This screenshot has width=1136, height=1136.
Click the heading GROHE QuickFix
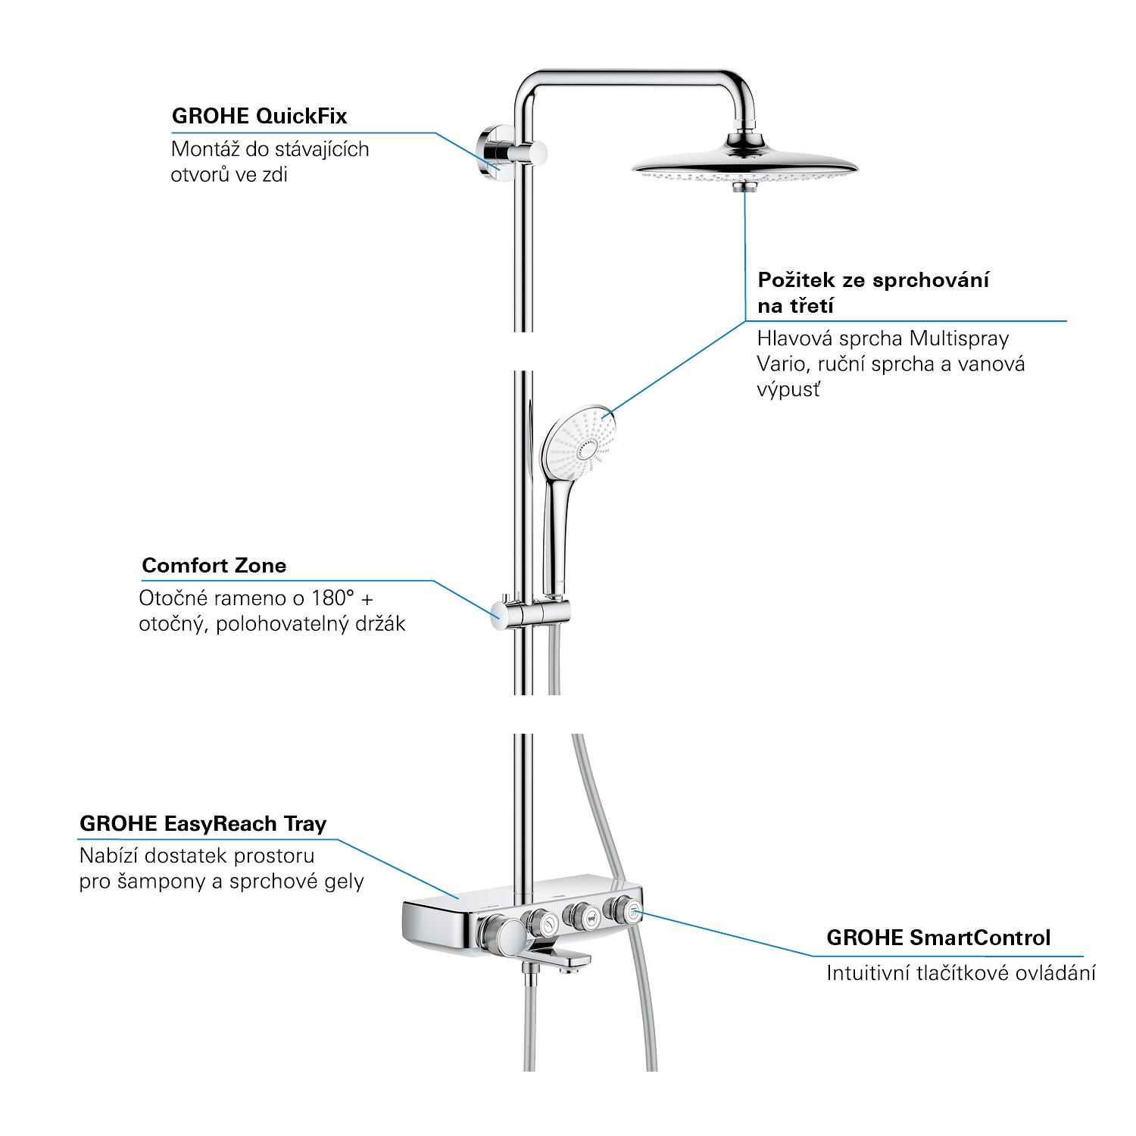[x=259, y=116]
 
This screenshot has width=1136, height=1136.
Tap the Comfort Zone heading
[x=214, y=565]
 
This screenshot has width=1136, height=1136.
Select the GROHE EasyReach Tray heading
[x=203, y=824]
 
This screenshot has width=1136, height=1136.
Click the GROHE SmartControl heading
[x=938, y=938]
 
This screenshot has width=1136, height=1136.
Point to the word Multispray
[x=959, y=339]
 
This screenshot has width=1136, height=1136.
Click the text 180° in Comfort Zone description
[x=333, y=598]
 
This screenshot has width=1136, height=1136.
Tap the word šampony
[x=162, y=882]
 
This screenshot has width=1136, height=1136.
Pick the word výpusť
[x=788, y=390]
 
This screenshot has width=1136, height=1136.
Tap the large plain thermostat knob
[x=501, y=936]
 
